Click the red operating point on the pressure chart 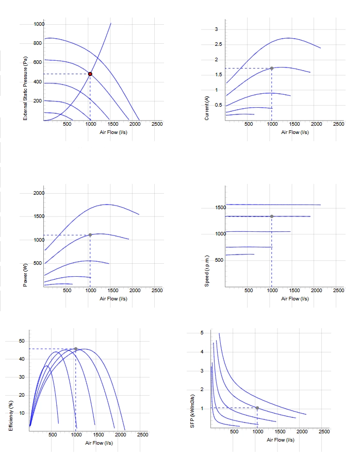[x=90, y=74]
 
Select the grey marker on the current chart [x=271, y=69]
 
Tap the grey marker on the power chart [x=90, y=234]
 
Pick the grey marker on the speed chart [x=271, y=216]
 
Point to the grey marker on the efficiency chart [x=76, y=349]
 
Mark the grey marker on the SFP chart [x=257, y=408]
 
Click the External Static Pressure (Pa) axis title [x=25, y=88]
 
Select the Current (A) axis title [x=207, y=108]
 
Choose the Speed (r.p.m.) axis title [x=207, y=271]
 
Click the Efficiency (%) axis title [x=11, y=416]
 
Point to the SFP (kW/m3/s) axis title [x=192, y=411]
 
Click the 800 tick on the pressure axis [x=38, y=43]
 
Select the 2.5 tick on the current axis [x=218, y=44]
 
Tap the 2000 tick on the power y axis [x=39, y=193]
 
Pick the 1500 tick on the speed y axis [x=221, y=207]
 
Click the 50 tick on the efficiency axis [x=22, y=341]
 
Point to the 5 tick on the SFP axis [x=202, y=333]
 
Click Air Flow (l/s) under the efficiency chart [x=99, y=443]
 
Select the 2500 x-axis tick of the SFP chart [x=324, y=432]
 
